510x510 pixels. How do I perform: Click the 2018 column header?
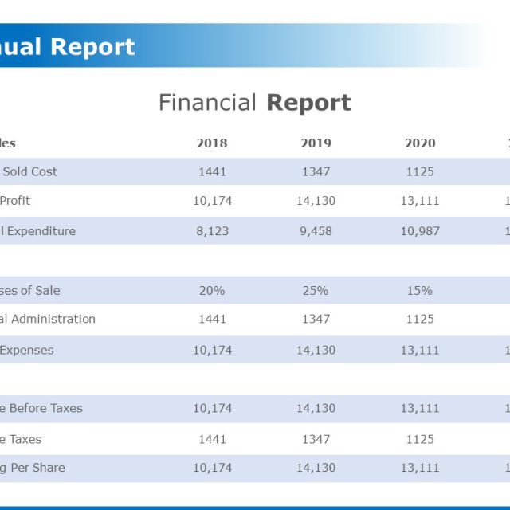(x=212, y=143)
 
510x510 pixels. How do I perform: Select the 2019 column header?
(x=316, y=143)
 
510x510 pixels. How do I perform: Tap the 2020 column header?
(x=420, y=143)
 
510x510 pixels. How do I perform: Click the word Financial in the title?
(x=207, y=103)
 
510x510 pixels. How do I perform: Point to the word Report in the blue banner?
(x=93, y=47)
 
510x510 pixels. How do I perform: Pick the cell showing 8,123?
(x=212, y=231)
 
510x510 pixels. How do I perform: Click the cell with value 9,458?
(x=316, y=231)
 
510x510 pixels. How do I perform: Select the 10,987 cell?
(x=420, y=231)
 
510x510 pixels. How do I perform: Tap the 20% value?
(x=212, y=290)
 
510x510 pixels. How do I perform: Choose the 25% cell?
(x=316, y=290)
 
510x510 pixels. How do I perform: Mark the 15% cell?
(x=420, y=290)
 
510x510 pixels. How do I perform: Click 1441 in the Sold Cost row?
(x=212, y=171)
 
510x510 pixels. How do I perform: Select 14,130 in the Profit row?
(x=316, y=201)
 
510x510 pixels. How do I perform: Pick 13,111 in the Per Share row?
(x=420, y=468)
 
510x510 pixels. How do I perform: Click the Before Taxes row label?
(x=41, y=408)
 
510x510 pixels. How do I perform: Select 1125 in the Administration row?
(x=420, y=319)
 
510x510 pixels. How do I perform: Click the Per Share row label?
(x=33, y=468)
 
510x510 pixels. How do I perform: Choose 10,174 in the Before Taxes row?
(x=212, y=408)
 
